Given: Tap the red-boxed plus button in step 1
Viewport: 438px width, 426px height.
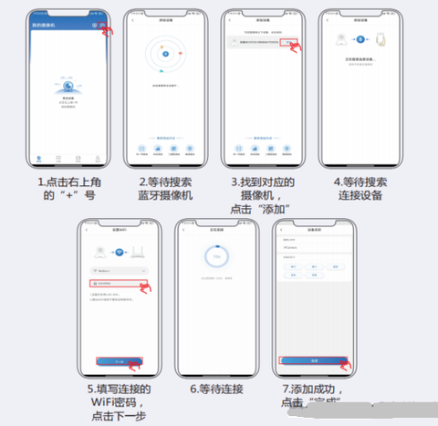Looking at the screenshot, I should tap(103, 25).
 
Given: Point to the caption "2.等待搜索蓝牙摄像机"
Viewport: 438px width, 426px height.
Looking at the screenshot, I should tap(165, 189).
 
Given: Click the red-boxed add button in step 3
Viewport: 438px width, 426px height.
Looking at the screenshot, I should tap(291, 42).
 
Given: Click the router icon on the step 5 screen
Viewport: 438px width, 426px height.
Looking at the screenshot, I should tap(134, 253).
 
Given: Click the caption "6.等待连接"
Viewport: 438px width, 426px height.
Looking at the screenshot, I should tap(216, 389).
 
